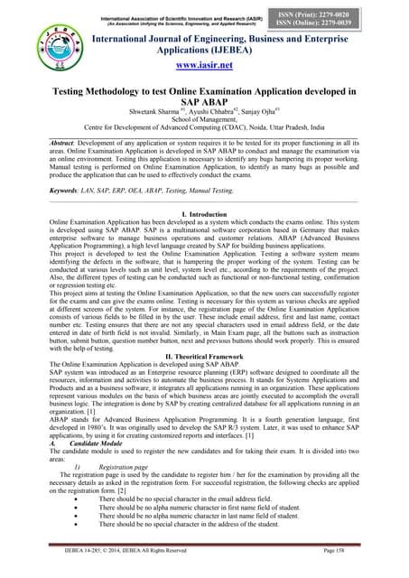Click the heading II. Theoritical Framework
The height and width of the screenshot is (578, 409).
click(204, 361)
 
